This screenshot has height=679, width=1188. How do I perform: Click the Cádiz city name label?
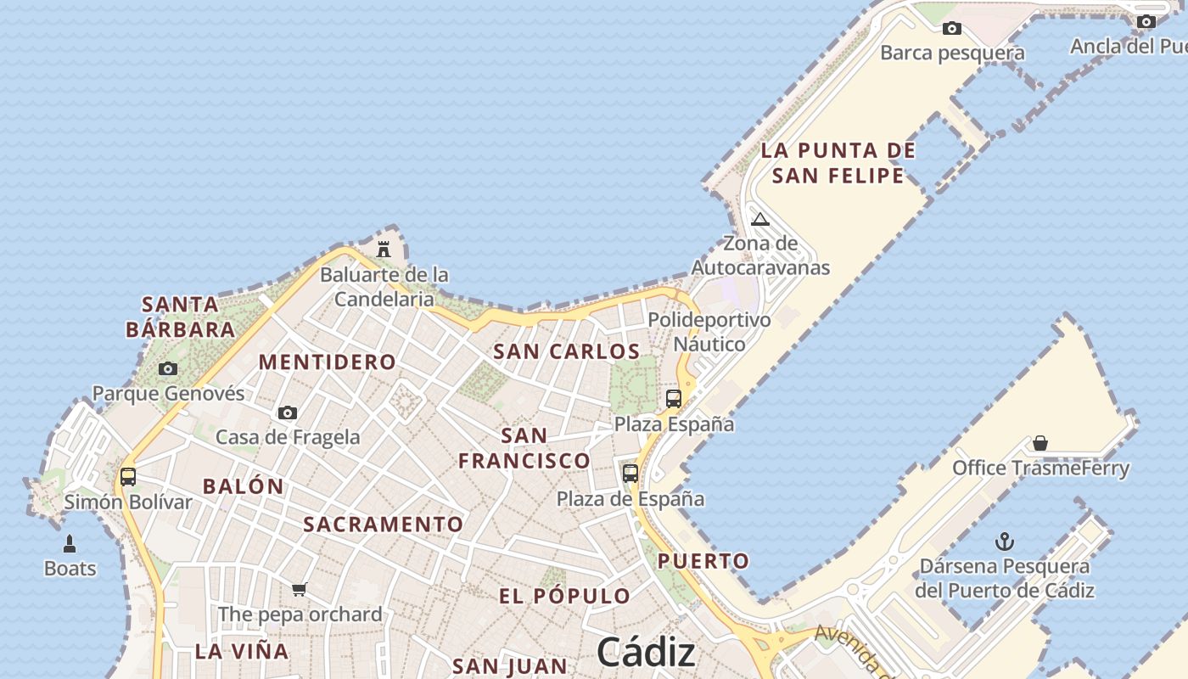[646, 652]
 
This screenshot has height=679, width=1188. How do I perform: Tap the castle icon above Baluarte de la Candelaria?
[384, 249]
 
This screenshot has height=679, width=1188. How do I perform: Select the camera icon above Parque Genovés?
[168, 368]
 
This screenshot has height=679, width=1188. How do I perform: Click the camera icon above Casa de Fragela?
[288, 412]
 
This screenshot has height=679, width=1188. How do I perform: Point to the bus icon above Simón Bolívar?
[128, 476]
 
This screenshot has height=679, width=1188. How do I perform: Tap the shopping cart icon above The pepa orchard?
[299, 589]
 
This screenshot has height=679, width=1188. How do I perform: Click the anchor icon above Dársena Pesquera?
[1005, 541]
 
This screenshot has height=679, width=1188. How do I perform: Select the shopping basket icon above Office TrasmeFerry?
[1040, 442]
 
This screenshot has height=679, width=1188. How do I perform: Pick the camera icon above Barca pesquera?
[952, 28]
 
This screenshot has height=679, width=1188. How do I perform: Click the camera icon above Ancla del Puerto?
[1146, 21]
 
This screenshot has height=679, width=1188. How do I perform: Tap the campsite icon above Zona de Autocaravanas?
[760, 219]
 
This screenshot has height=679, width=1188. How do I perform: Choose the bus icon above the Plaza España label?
[674, 398]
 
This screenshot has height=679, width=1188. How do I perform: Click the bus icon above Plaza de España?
[630, 473]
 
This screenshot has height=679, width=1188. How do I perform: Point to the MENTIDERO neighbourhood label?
[328, 362]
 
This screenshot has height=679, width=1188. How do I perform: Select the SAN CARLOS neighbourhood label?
[567, 351]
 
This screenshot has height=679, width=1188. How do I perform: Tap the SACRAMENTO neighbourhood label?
[384, 525]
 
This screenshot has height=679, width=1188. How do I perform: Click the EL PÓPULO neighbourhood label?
[564, 596]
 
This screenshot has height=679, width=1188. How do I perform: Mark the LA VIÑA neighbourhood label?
[242, 652]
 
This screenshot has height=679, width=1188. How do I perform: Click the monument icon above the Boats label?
[70, 543]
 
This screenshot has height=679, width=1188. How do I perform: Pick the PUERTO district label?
[703, 561]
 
